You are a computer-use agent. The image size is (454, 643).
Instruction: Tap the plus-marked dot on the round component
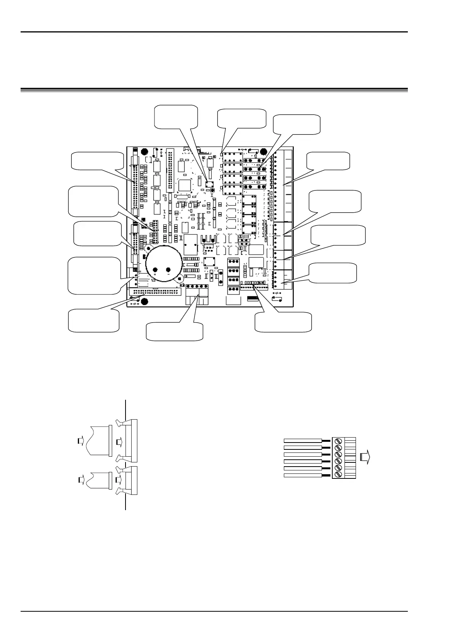point(155,270)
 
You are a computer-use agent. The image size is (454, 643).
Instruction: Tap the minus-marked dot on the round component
point(169,270)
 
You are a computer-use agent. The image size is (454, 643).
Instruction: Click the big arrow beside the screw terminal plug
point(365,457)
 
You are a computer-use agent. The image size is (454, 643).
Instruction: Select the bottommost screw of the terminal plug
point(338,475)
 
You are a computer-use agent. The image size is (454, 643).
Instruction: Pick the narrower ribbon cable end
point(98,479)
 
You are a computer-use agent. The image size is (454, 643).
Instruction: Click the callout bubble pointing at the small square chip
point(175,116)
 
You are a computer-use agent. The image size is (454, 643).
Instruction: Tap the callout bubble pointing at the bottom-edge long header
point(93,321)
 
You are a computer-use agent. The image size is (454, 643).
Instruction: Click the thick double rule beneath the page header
point(214,90)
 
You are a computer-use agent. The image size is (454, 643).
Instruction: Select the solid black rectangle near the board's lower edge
point(253,297)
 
